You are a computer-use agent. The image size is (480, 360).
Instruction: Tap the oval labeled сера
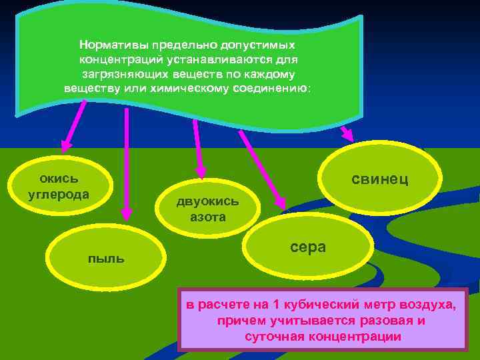[x=308, y=247]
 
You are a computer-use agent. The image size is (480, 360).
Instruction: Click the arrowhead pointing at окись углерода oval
[x=65, y=146]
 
